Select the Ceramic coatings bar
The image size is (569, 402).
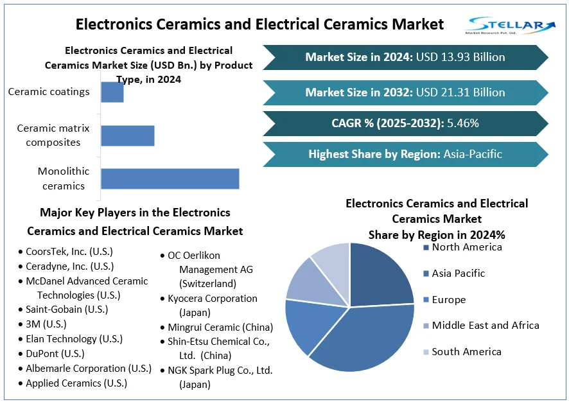112,92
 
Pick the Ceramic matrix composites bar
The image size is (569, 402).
127,135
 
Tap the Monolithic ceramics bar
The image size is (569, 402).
170,179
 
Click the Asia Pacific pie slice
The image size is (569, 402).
360,340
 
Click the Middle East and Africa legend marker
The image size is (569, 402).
426,326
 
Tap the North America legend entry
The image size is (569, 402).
467,247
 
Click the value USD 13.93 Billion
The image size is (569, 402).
460,57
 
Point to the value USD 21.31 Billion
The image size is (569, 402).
460,92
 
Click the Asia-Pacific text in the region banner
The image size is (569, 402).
473,154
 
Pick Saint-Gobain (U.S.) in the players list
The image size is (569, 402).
67,310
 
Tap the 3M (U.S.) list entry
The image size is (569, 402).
46,324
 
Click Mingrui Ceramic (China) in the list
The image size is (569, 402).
220,328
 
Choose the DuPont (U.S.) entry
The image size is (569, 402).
55,354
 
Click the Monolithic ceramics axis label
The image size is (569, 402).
64,179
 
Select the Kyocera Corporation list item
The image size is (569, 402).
213,299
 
